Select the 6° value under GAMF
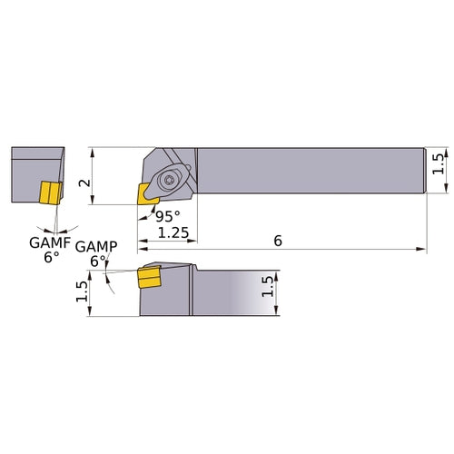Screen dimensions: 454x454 coord(51,257)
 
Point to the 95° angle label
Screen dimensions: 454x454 coord(165,216)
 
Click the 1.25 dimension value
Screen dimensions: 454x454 coord(173,233)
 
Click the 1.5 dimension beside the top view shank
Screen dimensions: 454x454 coord(439,164)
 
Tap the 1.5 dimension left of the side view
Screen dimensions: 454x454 coord(82,291)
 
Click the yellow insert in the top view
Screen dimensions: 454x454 coord(146,192)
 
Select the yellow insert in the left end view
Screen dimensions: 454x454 coord(49,192)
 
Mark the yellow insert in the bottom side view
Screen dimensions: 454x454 coord(147,278)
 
